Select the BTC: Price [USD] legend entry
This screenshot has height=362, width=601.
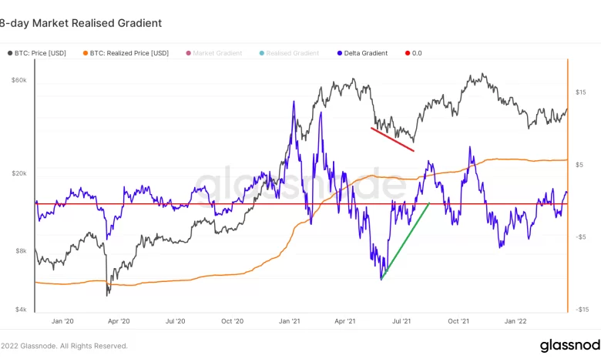(x=42, y=53)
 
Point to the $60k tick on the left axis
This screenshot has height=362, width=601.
(x=18, y=80)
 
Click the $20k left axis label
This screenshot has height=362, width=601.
(x=18, y=174)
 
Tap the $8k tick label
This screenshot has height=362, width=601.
(x=20, y=251)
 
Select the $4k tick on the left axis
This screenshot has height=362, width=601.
(x=20, y=310)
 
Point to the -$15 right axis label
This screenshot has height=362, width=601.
(x=581, y=310)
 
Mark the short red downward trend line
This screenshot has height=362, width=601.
(x=392, y=139)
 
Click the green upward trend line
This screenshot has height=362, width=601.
(x=405, y=240)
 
